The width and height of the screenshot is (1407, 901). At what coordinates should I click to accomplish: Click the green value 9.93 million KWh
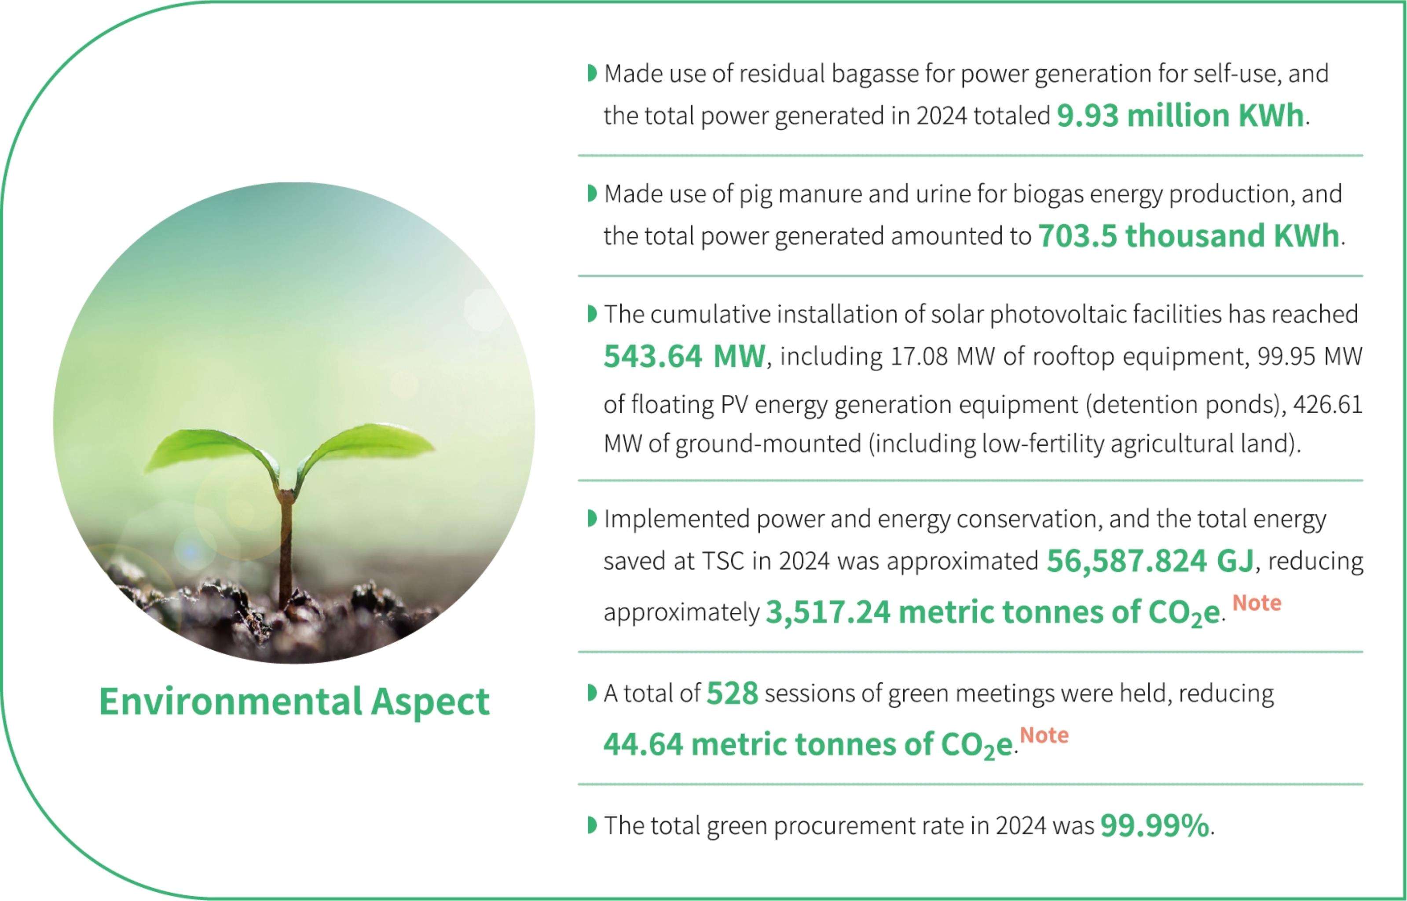click(x=1180, y=115)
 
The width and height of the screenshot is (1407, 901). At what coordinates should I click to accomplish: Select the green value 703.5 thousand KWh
click(x=1189, y=236)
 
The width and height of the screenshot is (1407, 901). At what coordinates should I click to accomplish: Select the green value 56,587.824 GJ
click(x=1150, y=561)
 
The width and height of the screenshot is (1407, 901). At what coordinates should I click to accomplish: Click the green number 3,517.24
click(x=828, y=612)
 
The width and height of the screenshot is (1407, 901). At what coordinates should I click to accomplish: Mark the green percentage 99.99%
click(x=1155, y=825)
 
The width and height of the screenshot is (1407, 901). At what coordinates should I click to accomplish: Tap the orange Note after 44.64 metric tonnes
click(x=1044, y=735)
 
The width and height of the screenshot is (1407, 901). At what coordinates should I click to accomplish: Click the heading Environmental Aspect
click(x=294, y=702)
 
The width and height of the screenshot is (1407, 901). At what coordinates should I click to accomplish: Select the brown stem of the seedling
click(x=286, y=550)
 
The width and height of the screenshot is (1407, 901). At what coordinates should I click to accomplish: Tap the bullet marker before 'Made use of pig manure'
click(x=591, y=194)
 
